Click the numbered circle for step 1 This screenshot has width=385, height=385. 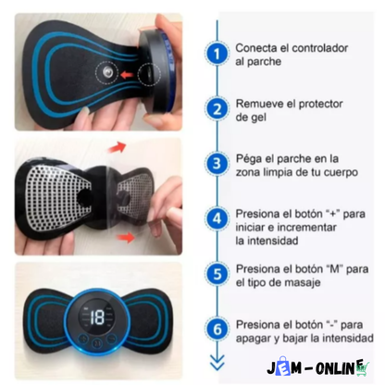pos(217,54)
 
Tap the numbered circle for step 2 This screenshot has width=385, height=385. pos(217,108)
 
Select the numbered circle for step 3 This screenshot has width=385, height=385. pos(217,164)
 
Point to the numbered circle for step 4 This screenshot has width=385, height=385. pos(217,218)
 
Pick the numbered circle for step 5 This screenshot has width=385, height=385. pos(217,274)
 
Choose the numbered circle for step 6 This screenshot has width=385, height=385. pos(217,329)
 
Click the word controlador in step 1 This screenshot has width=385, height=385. pos(320,48)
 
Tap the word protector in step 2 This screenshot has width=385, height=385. pos(321,105)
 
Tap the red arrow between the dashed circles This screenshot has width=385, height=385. pos(127,74)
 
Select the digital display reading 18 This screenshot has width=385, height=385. pos(97,317)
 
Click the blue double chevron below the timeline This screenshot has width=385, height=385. pos(217,362)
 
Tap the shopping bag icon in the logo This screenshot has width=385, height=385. pos(283,366)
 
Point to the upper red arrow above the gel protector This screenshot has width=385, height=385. pos(117,147)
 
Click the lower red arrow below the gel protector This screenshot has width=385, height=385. pos(125,238)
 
